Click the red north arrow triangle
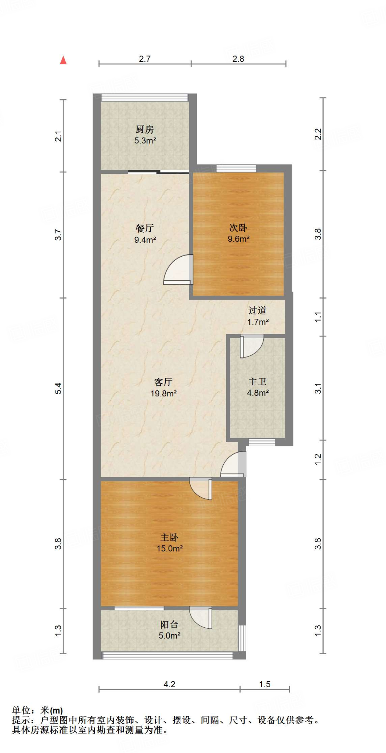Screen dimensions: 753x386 pyautogui.click(x=63, y=60)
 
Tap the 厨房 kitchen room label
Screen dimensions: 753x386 pyautogui.click(x=145, y=129)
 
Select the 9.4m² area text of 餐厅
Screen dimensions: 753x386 pyautogui.click(x=145, y=240)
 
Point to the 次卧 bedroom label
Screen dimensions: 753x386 pyautogui.click(x=238, y=228)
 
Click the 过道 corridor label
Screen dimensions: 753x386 pyautogui.click(x=257, y=311)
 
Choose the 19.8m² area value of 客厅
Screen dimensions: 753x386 pyautogui.click(x=163, y=393)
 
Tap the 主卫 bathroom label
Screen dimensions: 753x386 pyautogui.click(x=257, y=382)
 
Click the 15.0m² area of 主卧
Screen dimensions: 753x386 pyautogui.click(x=170, y=549)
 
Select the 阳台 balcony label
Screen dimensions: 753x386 pyautogui.click(x=169, y=624)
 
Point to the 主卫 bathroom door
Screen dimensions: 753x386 pyautogui.click(x=251, y=346)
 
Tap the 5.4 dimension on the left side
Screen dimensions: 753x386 pyautogui.click(x=58, y=388)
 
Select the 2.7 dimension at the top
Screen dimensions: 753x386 pyautogui.click(x=145, y=59)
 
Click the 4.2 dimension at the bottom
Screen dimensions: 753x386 pyautogui.click(x=169, y=684)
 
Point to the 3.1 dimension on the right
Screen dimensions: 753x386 pyautogui.click(x=318, y=388)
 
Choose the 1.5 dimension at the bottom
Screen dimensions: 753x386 pyautogui.click(x=264, y=684)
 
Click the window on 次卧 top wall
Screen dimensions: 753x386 pyautogui.click(x=236, y=168)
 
